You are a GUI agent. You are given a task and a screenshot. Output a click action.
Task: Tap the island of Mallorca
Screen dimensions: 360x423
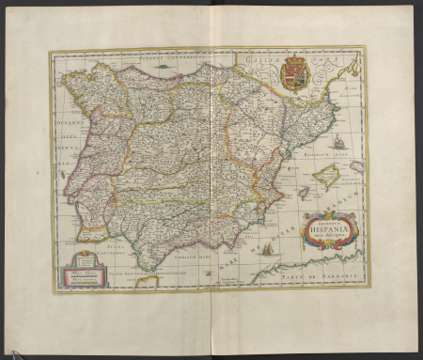[x=326, y=175]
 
